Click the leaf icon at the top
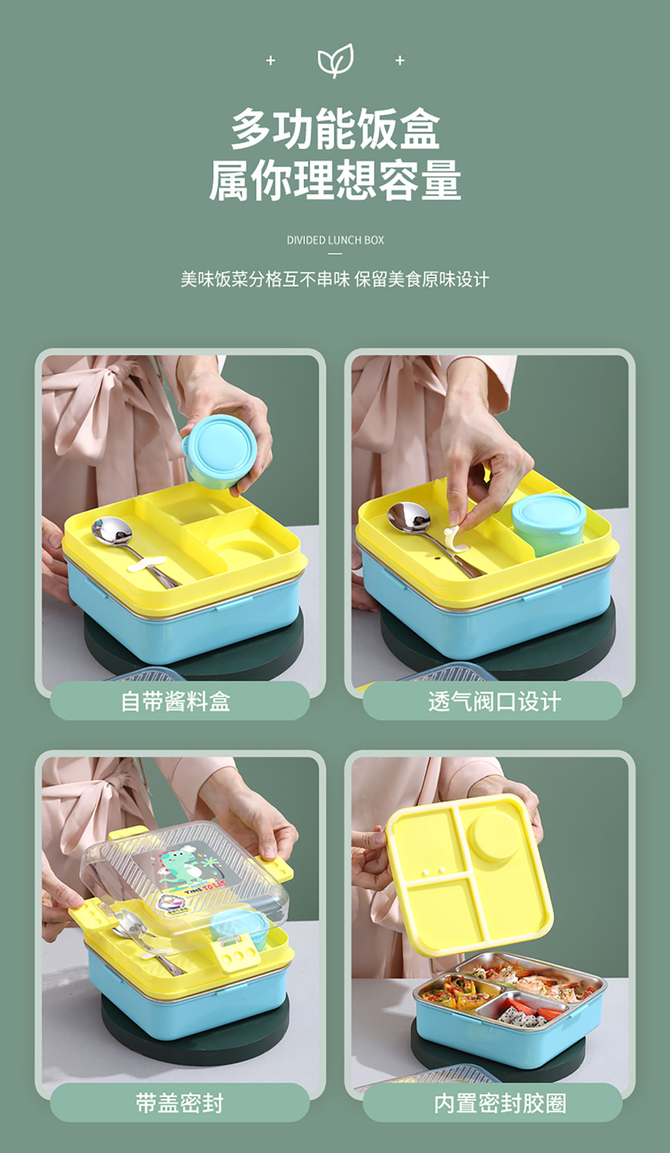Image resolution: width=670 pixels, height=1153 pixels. [335, 60]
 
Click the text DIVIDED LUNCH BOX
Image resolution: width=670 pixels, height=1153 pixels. [335, 240]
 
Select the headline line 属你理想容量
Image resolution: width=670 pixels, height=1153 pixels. [335, 180]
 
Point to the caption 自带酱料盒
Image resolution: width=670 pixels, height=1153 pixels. [176, 702]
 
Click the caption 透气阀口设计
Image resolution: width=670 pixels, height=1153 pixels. [494, 702]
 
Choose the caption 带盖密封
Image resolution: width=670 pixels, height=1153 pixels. [179, 1103]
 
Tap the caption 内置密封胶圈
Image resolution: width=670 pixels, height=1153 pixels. [500, 1103]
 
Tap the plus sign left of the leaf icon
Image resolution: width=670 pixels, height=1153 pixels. [271, 60]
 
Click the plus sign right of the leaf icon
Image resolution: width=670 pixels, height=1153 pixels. [400, 60]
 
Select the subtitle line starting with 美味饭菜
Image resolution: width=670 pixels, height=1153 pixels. [335, 279]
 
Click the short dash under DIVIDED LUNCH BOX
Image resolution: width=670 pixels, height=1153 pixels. [335, 253]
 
